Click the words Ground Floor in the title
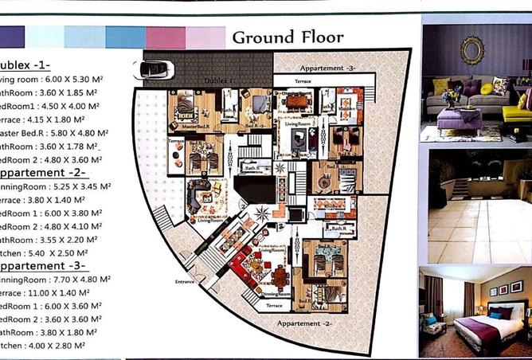point(288,37)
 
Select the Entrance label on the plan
point(185,281)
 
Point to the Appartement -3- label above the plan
point(328,68)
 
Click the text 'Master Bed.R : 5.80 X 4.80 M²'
point(54,133)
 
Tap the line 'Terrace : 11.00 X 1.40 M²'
point(54,293)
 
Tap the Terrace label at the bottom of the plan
point(274,306)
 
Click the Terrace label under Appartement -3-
point(303,81)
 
